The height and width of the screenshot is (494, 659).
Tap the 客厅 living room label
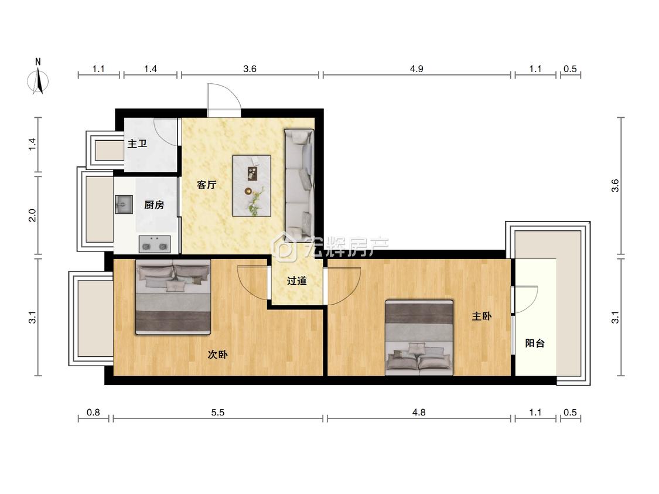tap(207, 185)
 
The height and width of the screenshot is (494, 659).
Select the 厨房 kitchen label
tap(154, 205)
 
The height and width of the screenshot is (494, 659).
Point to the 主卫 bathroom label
tap(138, 144)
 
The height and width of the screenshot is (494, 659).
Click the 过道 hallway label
tap(297, 281)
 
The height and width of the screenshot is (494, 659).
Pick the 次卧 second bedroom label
tap(218, 355)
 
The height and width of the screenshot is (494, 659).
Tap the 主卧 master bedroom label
tap(482, 316)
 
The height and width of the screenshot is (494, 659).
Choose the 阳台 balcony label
tap(535, 343)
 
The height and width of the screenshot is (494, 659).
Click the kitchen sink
tap(124, 205)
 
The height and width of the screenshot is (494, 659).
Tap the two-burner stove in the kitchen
tap(155, 244)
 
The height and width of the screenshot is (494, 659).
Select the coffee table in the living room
tap(252, 186)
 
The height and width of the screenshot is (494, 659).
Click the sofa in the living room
tap(299, 184)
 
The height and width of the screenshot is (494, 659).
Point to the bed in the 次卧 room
tap(173, 297)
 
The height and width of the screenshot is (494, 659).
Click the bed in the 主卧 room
tap(419, 338)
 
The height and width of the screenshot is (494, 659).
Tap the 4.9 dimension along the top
tap(416, 69)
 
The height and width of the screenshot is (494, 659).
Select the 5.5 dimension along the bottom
tap(218, 413)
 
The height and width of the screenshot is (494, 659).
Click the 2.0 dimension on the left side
tap(32, 215)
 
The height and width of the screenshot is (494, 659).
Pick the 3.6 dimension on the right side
tap(615, 185)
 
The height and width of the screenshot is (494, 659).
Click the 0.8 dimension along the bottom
tap(93, 413)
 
